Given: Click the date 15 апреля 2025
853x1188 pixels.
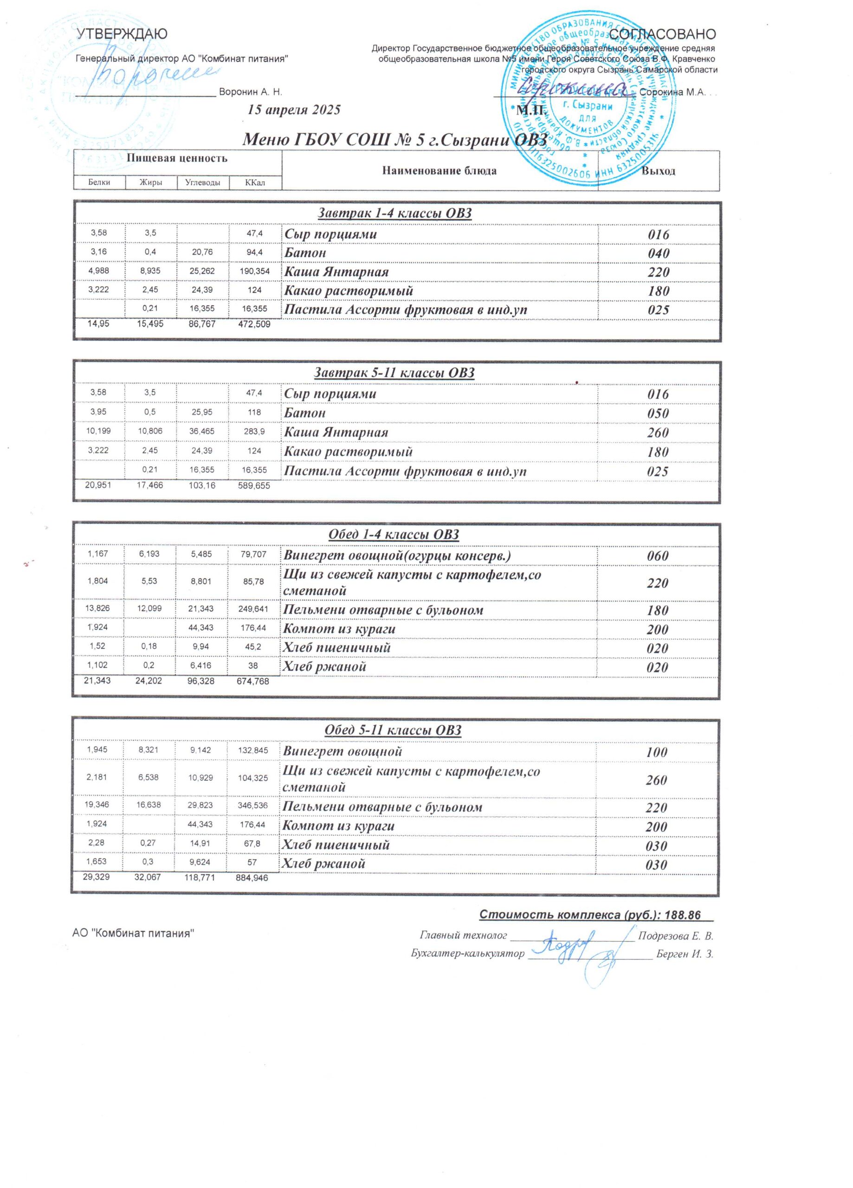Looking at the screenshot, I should click(x=294, y=110).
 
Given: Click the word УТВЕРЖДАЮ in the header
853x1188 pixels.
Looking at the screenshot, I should click(x=122, y=34).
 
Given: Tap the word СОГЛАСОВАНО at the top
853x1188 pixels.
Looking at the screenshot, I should click(x=662, y=34).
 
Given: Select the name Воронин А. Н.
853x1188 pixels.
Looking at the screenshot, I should click(x=251, y=92).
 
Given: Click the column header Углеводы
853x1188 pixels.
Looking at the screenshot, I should click(x=203, y=183).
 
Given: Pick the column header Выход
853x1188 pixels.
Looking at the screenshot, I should click(x=658, y=171).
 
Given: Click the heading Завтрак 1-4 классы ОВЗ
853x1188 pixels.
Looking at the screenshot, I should click(x=394, y=213).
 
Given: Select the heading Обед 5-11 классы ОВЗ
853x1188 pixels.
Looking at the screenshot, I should click(x=393, y=730).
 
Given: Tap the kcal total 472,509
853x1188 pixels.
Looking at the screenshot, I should click(x=254, y=324).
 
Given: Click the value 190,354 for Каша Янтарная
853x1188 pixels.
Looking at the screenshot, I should click(x=255, y=271).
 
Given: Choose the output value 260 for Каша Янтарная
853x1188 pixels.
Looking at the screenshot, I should click(x=658, y=433).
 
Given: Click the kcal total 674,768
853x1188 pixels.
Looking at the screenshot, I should click(x=253, y=682).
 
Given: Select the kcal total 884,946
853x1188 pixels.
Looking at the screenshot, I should click(x=252, y=878).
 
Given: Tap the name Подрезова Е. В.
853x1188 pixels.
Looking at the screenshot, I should click(x=675, y=936).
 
